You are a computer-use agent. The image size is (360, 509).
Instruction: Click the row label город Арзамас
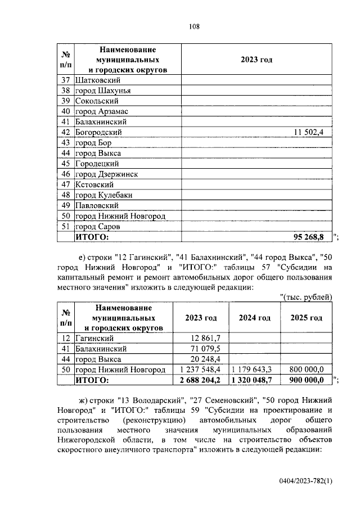(x=101, y=111)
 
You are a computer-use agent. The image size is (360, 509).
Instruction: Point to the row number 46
(x=65, y=174)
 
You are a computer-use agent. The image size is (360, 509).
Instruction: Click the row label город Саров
(x=98, y=227)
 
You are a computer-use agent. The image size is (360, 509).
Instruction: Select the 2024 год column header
(x=254, y=318)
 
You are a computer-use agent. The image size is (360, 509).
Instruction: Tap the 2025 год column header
(x=306, y=318)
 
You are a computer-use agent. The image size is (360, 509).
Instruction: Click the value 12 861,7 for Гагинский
(x=206, y=338)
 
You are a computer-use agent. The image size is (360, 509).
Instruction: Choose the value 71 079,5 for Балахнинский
(x=206, y=349)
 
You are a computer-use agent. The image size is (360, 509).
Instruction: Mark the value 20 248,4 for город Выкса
(x=206, y=359)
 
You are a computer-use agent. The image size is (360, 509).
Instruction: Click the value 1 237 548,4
(x=201, y=370)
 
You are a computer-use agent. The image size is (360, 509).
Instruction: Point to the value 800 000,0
(x=307, y=370)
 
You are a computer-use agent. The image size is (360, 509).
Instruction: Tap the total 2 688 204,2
(x=201, y=380)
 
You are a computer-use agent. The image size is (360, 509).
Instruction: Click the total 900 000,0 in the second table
(x=307, y=380)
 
